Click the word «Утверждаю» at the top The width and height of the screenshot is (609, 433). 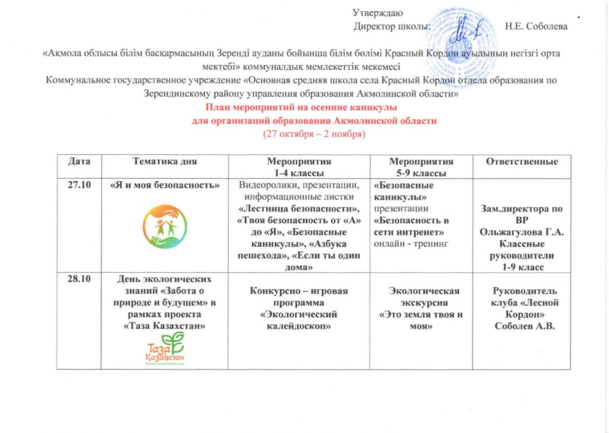point(378,13)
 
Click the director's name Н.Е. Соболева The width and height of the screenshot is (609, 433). point(536,27)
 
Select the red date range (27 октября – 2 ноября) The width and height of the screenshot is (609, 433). point(314,134)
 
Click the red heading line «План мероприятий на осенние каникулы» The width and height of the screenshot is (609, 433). point(301,107)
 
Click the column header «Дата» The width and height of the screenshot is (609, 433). point(79,162)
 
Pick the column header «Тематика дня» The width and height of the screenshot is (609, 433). point(165,162)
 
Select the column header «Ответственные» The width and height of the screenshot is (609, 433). point(521,162)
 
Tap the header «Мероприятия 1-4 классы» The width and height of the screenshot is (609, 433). point(299,167)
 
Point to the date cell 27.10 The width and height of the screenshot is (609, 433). point(79,185)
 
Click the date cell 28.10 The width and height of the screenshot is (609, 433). point(79,279)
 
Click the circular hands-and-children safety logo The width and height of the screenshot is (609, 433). point(165,227)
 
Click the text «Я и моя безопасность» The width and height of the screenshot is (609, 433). point(165,185)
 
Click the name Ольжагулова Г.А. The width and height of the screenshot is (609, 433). point(521,232)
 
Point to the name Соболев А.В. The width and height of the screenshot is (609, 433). point(525,326)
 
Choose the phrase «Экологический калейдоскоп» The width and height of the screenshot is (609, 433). point(299,320)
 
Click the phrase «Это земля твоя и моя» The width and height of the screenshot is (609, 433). point(421,320)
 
